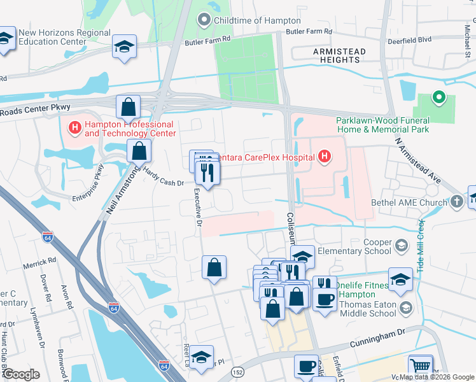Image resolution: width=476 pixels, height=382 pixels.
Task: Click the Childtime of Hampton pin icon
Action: click(204, 20)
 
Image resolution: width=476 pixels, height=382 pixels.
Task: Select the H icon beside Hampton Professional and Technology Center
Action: click(75, 129)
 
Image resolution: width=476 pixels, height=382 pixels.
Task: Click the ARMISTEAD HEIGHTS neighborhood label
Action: click(339, 55)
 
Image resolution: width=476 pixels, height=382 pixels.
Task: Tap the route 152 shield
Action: click(238, 372)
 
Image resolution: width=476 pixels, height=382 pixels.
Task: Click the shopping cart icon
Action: click(420, 367)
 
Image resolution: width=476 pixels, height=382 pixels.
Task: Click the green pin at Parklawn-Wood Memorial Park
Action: click(437, 98)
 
